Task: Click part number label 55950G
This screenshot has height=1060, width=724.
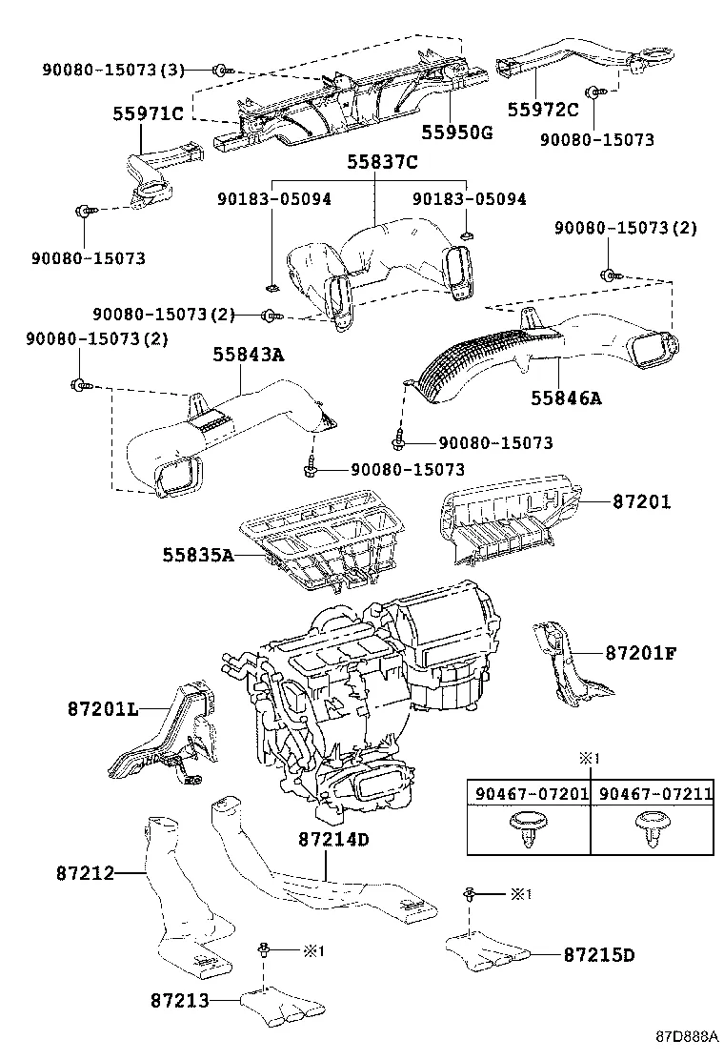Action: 457,132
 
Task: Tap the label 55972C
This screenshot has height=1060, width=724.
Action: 542,110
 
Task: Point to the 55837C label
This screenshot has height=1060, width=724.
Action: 381,163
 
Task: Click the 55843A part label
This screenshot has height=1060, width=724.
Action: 248,356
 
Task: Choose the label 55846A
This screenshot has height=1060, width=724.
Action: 566,397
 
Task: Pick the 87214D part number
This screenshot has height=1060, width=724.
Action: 332,840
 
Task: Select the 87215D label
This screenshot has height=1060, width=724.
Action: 597,954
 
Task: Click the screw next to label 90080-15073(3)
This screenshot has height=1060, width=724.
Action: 221,70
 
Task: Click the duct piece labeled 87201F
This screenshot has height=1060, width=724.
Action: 567,667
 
